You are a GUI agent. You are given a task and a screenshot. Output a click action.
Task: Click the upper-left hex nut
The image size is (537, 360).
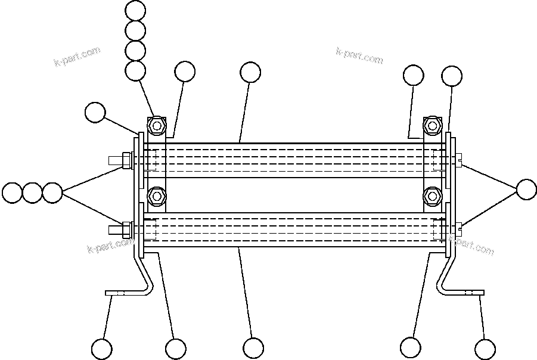tap(157, 126)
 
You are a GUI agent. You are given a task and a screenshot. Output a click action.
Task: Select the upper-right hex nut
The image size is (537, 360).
tap(432, 126)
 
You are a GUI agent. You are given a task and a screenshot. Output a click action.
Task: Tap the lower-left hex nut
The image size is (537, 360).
tap(157, 195)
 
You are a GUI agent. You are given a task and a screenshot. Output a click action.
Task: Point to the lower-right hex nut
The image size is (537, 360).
tap(432, 195)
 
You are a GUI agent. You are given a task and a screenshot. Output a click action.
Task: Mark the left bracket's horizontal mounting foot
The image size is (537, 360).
tap(122, 293)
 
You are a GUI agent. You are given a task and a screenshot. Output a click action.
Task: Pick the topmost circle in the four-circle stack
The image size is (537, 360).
tap(136, 10)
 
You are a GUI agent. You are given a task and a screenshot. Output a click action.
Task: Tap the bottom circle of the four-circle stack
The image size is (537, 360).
tap(136, 70)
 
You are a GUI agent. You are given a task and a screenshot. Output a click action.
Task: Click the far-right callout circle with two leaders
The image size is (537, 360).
tap(526, 189)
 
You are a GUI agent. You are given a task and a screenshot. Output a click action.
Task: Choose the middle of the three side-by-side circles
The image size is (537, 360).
tap(32, 193)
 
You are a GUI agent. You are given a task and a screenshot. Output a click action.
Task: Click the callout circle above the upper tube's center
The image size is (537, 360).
tap(251, 73)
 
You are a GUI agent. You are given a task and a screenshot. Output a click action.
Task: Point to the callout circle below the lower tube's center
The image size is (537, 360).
tap(253, 348)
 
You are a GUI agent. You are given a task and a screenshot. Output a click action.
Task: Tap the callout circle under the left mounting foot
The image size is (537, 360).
tap(102, 348)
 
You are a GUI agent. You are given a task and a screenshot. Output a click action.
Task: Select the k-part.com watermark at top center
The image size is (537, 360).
tap(359, 56)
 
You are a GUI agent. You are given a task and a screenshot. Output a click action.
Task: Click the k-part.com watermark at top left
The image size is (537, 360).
tap(77, 57)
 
